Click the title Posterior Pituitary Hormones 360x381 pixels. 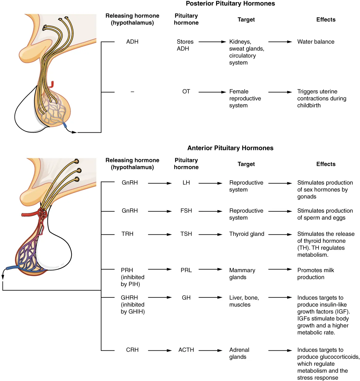click(x=230, y=4)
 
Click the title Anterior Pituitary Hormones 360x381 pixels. click(x=230, y=148)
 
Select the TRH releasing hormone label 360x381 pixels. click(x=127, y=234)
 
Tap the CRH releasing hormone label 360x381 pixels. click(x=132, y=350)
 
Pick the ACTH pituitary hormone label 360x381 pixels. click(x=186, y=350)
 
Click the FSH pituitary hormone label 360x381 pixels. click(x=186, y=211)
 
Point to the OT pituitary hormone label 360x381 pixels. click(x=186, y=92)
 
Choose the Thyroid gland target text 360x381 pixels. click(x=246, y=234)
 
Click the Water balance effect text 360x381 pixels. click(x=315, y=42)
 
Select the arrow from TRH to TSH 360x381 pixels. click(x=160, y=234)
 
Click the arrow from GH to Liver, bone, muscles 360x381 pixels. click(x=210, y=298)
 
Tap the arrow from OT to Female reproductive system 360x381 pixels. click(x=212, y=92)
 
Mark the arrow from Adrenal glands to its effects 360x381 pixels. click(x=280, y=350)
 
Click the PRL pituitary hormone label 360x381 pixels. click(x=186, y=270)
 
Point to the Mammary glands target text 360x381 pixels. click(x=242, y=274)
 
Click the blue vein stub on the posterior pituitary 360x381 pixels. click(x=65, y=125)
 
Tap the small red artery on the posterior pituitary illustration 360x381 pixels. click(x=52, y=84)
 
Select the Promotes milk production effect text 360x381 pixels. click(x=315, y=274)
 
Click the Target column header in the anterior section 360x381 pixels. click(x=246, y=164)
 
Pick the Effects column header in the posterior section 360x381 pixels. click(x=326, y=20)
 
